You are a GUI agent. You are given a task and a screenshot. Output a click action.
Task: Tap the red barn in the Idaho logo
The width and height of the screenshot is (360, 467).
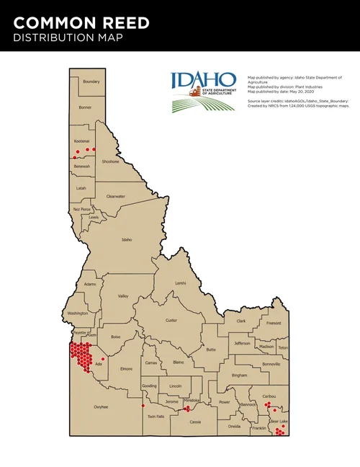coord(194,92)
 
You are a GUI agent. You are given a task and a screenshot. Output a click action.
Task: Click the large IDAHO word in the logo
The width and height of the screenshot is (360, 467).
coord(203,79)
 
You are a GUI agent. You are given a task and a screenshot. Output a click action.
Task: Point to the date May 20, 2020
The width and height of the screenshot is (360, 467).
coord(294,92)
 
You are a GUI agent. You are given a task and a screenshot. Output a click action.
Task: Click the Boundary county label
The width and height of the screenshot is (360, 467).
coord(91,81)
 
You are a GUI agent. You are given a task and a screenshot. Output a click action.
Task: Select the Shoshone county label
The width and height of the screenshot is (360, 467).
coord(110,161)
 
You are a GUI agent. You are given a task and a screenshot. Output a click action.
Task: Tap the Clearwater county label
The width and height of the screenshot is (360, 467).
coord(116,196)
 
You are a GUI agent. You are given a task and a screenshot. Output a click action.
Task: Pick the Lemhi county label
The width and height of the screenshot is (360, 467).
coord(180,283)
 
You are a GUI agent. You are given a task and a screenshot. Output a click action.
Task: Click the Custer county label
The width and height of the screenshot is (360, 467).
coord(171,320)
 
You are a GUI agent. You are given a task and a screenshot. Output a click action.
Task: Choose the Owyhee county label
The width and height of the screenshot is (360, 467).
coord(100,407)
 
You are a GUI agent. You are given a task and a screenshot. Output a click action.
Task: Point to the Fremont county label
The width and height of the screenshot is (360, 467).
coord(274,324)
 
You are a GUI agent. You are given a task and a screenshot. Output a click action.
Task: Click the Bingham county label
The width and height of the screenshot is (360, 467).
coord(239,375)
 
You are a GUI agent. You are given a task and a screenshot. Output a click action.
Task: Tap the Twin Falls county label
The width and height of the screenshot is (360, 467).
coord(156,417)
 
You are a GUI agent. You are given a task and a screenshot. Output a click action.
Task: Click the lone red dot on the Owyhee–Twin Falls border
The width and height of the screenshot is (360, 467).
coord(143,406)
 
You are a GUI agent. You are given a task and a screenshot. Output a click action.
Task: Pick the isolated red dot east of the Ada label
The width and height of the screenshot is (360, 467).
coord(103,359)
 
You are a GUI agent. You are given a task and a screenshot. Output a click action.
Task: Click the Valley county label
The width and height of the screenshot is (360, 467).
coord(123,296)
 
